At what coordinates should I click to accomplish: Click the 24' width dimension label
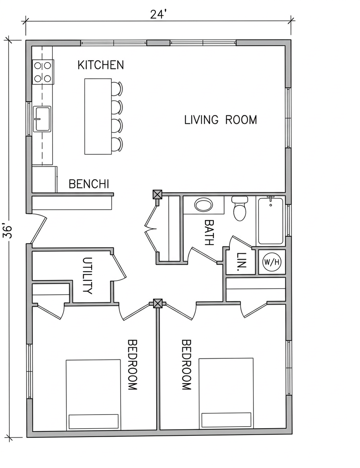[157, 14]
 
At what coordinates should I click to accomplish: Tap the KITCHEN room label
[100, 65]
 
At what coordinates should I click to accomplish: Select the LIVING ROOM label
[220, 120]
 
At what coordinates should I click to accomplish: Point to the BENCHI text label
[89, 184]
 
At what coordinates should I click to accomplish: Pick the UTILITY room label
[87, 276]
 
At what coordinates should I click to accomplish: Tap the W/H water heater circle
[272, 262]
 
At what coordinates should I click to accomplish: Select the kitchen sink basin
[42, 119]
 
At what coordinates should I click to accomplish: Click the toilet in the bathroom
[240, 208]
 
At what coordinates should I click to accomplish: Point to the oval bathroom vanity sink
[204, 205]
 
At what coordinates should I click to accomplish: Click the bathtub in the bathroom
[270, 221]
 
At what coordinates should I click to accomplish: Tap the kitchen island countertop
[98, 116]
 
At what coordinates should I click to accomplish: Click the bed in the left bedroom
[93, 395]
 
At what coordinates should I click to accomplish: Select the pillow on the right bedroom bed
[226, 420]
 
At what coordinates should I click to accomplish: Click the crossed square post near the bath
[157, 194]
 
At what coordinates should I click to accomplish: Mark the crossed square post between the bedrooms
[157, 304]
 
